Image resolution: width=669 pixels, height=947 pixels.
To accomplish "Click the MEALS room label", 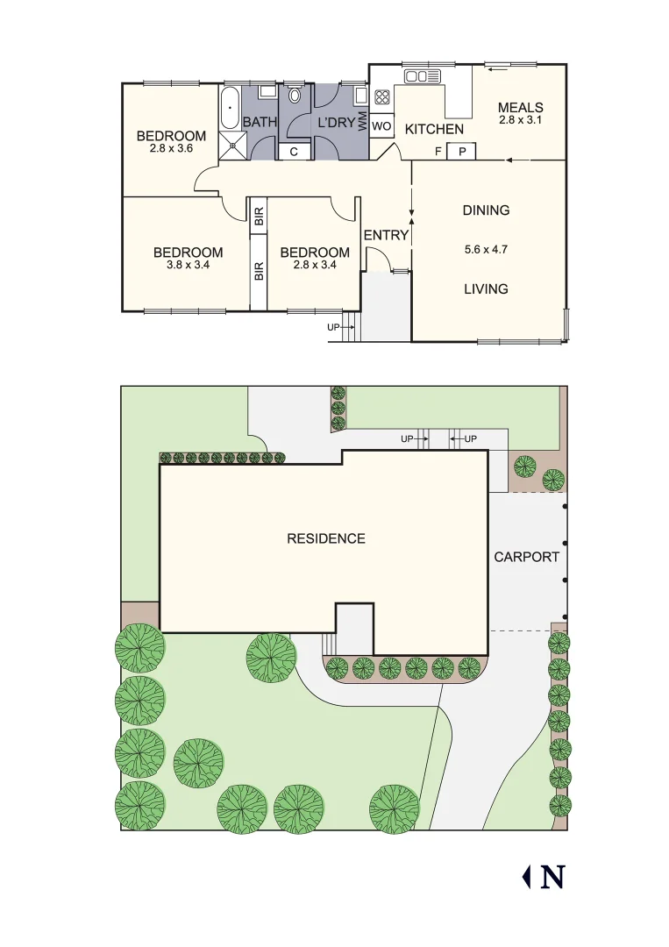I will [520, 108].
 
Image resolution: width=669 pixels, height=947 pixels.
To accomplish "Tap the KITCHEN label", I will [434, 129].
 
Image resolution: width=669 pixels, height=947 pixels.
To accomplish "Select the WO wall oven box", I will [381, 126].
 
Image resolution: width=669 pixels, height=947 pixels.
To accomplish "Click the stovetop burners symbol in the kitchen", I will [383, 96].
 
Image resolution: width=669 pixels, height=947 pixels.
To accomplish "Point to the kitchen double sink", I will [422, 77].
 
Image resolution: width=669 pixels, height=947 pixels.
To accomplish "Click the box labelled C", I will [294, 151].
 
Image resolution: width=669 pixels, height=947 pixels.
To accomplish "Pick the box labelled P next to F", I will [461, 152].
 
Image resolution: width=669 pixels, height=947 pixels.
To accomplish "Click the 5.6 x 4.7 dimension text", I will [487, 249].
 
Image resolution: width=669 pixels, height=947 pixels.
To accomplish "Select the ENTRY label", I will [386, 235].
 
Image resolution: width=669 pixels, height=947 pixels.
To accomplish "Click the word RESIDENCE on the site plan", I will [325, 538].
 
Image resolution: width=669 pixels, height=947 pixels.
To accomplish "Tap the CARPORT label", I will [526, 557].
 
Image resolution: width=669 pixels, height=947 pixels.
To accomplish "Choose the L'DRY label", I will [337, 122].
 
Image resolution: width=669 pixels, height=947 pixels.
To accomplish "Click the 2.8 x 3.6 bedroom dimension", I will [171, 148].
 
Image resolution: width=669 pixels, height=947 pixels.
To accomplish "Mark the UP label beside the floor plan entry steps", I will [333, 327].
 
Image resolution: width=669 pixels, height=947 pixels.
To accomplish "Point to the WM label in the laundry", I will [362, 120].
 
